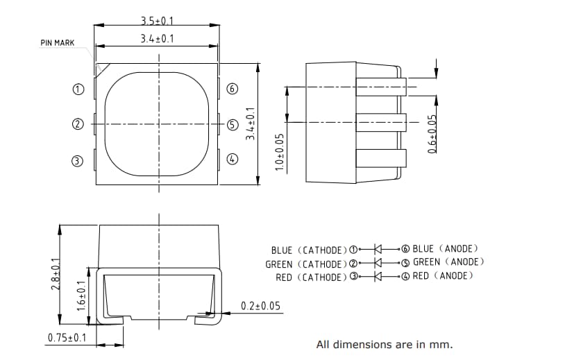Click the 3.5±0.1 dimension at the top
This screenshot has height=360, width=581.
tap(157, 21)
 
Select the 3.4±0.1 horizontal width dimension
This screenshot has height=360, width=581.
tap(157, 39)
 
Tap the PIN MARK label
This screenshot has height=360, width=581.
tap(57, 43)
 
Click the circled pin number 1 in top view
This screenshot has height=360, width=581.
tap(78, 89)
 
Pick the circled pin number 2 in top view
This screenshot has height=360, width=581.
tap(78, 125)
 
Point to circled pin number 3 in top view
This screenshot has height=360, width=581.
tap(78, 161)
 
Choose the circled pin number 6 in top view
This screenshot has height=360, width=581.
tap(233, 89)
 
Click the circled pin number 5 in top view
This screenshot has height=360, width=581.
tap(233, 125)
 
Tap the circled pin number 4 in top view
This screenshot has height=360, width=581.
tap(233, 158)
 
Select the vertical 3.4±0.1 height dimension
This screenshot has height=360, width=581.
tap(251, 123)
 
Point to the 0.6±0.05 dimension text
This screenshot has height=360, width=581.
tap(432, 133)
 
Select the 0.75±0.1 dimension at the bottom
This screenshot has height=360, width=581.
tap(67, 338)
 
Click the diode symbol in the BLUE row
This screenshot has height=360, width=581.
tap(379, 248)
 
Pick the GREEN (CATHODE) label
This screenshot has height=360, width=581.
tap(305, 264)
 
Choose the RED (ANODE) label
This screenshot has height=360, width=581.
tap(442, 276)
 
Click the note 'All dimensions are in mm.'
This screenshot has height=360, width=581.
tap(384, 343)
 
